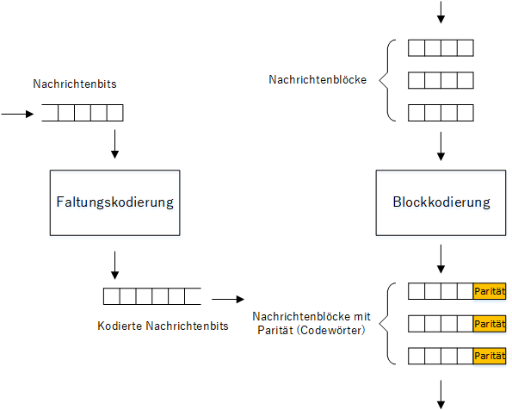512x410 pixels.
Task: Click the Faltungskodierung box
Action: pos(115,202)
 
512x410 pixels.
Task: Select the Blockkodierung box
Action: pos(441,202)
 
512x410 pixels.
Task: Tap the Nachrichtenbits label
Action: pos(75,84)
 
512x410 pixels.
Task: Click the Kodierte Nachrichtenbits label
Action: pos(163,326)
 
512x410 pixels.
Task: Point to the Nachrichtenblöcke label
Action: pos(318,79)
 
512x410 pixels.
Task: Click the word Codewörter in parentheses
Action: pos(331,330)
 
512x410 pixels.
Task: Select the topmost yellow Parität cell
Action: pos(490,291)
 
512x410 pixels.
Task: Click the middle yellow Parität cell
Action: pos(490,324)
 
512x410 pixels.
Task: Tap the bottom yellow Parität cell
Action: pos(490,356)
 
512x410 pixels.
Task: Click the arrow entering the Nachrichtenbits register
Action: pos(17,114)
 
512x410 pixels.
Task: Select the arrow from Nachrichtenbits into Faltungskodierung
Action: pos(114,144)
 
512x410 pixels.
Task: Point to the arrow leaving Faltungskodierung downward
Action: pos(114,265)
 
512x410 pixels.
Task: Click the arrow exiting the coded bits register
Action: pos(228,299)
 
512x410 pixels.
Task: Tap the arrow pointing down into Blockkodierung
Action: pos(441,146)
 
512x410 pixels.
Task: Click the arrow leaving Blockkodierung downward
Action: pos(441,259)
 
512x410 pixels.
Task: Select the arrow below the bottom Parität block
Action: pos(441,394)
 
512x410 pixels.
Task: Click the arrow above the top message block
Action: pos(441,12)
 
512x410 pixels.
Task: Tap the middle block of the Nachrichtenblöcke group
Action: pos(441,80)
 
